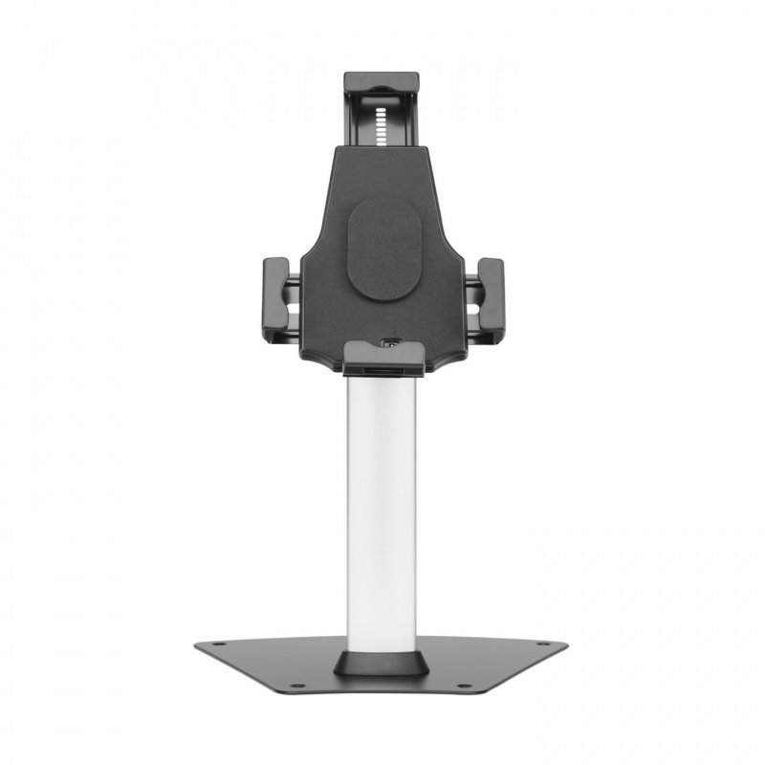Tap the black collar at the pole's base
click(x=382, y=663)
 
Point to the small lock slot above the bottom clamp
click(x=391, y=340)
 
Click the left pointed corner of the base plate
click(x=197, y=645)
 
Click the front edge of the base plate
click(x=382, y=690)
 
